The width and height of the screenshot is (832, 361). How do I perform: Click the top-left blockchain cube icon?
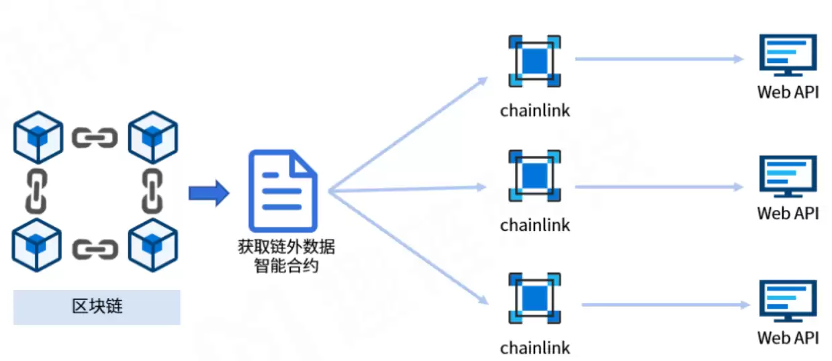coord(38,137)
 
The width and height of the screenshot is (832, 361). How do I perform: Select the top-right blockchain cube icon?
coord(153,137)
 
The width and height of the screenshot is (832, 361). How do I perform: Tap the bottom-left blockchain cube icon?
coord(38,247)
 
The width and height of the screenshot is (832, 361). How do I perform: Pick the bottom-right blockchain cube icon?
coord(153,247)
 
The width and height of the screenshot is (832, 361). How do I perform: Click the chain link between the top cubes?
coord(95,138)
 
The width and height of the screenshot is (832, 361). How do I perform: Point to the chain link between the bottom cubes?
coord(95,249)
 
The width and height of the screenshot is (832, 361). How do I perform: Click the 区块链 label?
coord(97,307)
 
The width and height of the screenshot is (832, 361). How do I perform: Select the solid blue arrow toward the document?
coord(208,193)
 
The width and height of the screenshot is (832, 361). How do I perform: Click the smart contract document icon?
coord(282,191)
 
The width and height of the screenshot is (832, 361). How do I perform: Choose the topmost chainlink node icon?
coord(535,61)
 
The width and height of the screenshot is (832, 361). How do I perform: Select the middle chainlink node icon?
coord(535,176)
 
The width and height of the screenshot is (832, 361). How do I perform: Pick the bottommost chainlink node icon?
coord(535,298)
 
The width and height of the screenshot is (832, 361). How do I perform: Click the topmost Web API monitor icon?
coord(788,56)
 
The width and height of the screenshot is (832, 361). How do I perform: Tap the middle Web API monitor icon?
coord(788,176)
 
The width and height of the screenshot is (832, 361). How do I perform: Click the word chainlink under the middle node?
coord(535,225)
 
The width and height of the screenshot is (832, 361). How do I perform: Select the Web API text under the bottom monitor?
coord(788,337)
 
